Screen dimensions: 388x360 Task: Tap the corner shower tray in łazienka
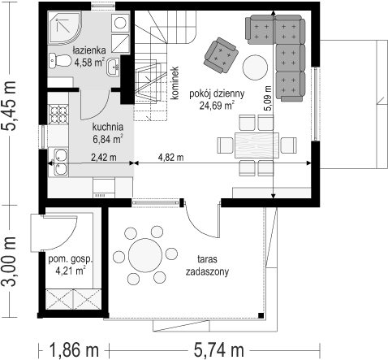[x=64, y=27]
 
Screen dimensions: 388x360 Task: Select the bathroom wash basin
[x=113, y=67]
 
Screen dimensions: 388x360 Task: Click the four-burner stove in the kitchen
[x=58, y=114]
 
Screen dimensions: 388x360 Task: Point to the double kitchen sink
[x=61, y=162]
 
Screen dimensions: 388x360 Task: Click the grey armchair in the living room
[x=221, y=55]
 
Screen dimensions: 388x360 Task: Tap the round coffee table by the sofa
[x=255, y=67]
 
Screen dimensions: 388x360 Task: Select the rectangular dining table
[x=257, y=145]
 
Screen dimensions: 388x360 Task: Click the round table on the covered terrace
[x=145, y=255]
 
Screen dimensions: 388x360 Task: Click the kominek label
[x=175, y=83]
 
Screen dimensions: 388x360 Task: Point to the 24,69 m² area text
[x=217, y=105]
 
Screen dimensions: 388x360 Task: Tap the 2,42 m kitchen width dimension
[x=104, y=157]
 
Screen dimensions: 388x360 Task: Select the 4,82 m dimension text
[x=170, y=157]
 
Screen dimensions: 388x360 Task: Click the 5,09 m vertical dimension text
[x=268, y=98]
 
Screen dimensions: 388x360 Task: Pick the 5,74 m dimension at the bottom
[x=218, y=349]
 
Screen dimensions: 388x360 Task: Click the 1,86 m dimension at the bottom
[x=74, y=349]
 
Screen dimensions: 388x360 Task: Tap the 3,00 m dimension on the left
[x=9, y=261]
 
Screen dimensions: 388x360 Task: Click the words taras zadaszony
[x=207, y=265]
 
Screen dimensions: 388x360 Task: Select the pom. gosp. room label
[x=71, y=259]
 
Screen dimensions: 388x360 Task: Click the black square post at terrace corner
[x=261, y=315]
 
